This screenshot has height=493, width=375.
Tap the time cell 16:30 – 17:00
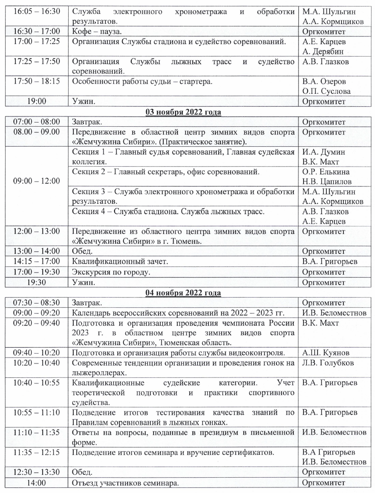[x=36, y=32]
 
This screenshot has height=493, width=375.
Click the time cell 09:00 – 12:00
[x=36, y=181]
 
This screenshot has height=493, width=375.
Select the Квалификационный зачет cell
[x=120, y=261]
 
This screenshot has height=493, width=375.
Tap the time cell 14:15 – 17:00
[x=36, y=261]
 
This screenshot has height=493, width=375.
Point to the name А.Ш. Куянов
[x=325, y=352]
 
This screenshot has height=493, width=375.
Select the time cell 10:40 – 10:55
[x=36, y=383]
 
